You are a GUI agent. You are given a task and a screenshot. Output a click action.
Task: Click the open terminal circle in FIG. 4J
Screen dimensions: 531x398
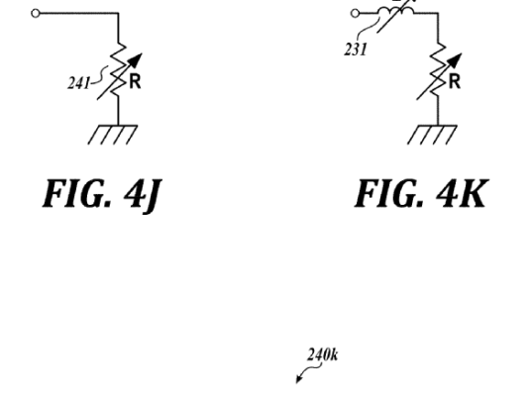point(36,14)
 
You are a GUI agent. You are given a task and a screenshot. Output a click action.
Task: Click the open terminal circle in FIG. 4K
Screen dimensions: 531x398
point(355,14)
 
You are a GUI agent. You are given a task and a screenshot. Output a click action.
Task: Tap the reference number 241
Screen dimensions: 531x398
point(79,83)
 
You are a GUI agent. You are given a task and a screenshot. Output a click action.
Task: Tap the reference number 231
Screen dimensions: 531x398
point(356,50)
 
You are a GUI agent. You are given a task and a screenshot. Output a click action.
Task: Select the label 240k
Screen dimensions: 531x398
point(323,355)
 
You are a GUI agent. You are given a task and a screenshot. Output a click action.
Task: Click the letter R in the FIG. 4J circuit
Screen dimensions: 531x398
point(135,82)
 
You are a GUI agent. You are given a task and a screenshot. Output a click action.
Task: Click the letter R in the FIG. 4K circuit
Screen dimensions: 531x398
point(455,82)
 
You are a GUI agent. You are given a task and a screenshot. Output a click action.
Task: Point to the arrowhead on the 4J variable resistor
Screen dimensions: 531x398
point(137,59)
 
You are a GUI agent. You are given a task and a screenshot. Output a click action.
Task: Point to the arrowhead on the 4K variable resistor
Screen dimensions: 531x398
point(456,59)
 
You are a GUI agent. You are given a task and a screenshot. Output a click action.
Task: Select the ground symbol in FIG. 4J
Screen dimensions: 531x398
point(113,135)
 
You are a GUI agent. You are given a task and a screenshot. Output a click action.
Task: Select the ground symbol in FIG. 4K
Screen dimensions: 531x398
point(432,135)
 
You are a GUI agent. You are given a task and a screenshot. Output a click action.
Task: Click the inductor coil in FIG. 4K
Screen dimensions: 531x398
point(396,12)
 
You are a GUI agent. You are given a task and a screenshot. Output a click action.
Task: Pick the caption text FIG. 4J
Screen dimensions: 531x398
point(102,195)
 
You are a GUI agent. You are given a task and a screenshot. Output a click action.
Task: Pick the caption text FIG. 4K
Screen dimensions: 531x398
point(421,193)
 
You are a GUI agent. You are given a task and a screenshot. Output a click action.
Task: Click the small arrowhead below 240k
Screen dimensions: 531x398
point(298,379)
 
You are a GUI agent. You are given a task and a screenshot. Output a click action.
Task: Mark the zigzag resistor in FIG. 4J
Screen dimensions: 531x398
point(118,71)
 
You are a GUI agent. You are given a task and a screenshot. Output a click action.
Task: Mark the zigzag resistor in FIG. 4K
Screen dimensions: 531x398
point(438,71)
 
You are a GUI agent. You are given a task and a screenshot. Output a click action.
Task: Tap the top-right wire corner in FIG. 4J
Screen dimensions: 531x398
point(118,13)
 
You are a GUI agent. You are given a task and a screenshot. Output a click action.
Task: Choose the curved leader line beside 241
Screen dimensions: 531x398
point(100,74)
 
